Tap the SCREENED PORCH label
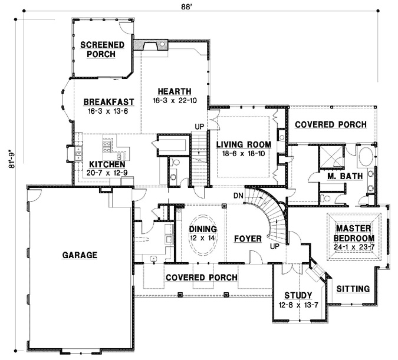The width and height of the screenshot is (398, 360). [x=101, y=49]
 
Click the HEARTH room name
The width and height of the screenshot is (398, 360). [x=174, y=91]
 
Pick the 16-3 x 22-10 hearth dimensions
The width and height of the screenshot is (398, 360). [x=175, y=100]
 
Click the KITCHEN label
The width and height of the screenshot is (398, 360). [x=107, y=164]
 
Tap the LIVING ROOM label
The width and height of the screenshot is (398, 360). [x=243, y=144]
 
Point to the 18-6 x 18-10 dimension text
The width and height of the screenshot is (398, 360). [x=243, y=153]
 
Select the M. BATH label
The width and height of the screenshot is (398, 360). [x=340, y=177]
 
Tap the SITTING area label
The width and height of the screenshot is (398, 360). [x=353, y=289]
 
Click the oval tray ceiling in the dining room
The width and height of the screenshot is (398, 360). [x=203, y=233]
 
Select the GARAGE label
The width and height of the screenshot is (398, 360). [x=78, y=255]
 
